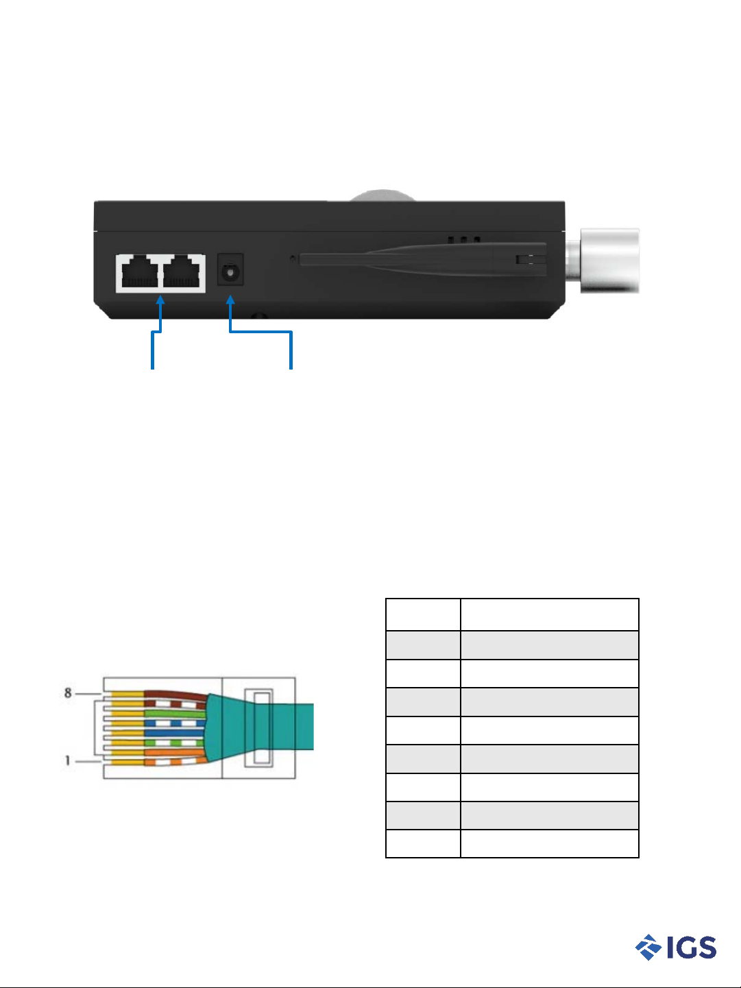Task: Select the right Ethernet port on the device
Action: pyautogui.click(x=182, y=272)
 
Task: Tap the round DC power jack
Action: pyautogui.click(x=230, y=272)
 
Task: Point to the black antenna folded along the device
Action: pyautogui.click(x=423, y=259)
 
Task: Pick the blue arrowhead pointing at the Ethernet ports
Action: pyautogui.click(x=160, y=300)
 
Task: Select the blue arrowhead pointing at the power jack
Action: pyautogui.click(x=230, y=300)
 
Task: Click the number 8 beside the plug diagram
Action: pyautogui.click(x=68, y=693)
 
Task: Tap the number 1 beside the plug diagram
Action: pyautogui.click(x=67, y=760)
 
